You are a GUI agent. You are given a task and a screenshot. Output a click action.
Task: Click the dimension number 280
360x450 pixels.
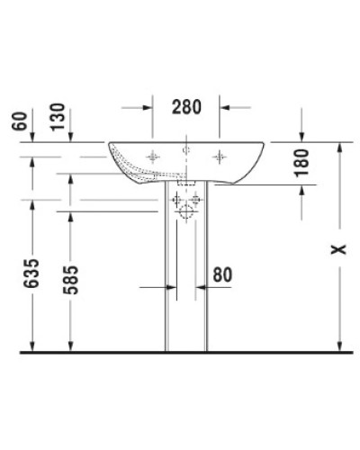(185, 107)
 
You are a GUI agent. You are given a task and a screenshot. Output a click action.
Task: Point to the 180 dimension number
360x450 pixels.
(301, 162)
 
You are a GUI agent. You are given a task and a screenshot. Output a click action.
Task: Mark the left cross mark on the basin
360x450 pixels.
(152, 156)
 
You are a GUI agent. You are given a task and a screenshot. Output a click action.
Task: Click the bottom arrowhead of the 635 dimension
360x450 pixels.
(33, 346)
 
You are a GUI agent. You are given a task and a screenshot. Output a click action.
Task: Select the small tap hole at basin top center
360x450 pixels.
(185, 148)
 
